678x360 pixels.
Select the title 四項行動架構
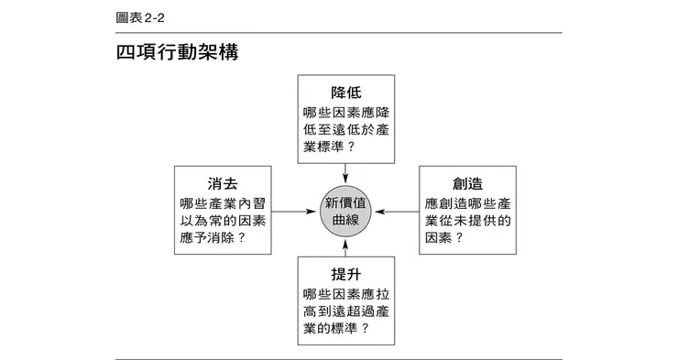[x=177, y=53]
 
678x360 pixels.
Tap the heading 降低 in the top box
[x=346, y=93]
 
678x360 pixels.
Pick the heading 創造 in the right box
[x=467, y=180]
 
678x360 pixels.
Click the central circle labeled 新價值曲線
[x=346, y=212]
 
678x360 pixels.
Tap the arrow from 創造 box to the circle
[x=398, y=212]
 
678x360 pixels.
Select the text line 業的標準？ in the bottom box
[x=335, y=330]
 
